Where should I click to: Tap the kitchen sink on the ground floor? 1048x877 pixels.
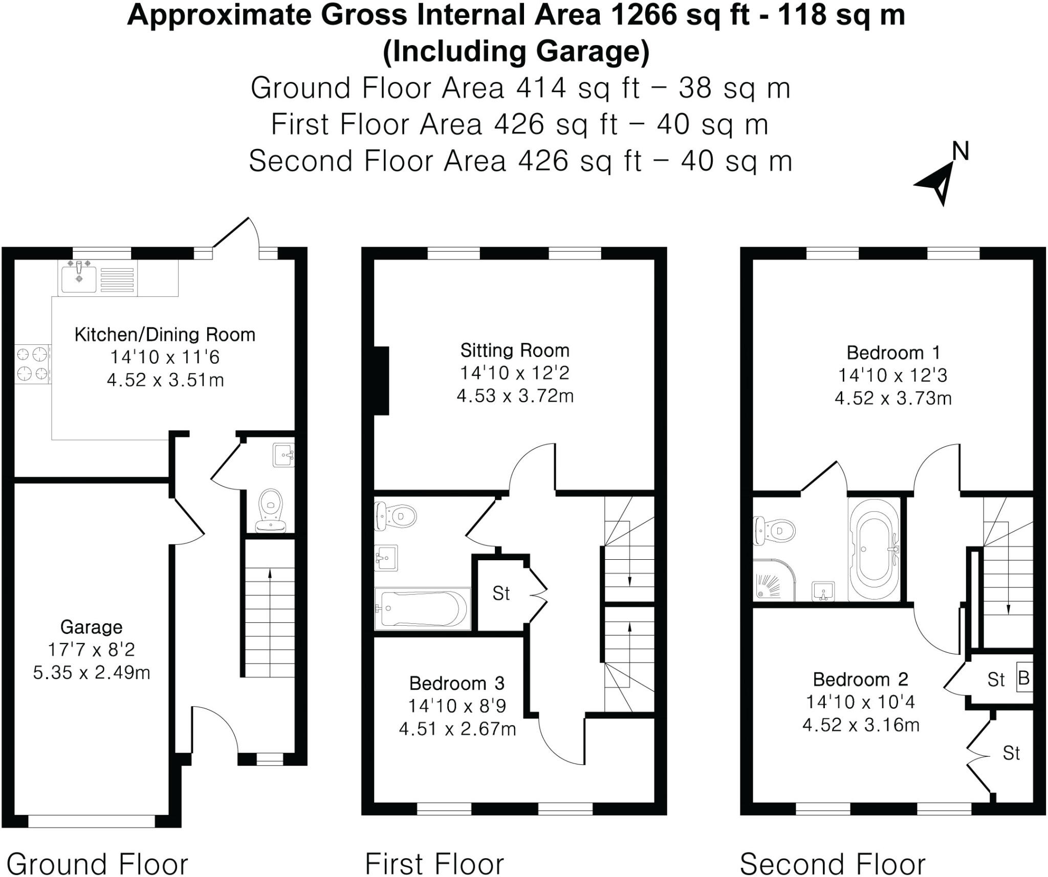click(79, 278)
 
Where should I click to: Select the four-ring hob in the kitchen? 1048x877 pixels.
click(32, 364)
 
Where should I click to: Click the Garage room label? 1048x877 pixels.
click(91, 627)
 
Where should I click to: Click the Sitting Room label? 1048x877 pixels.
click(514, 350)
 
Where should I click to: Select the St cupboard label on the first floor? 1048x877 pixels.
click(501, 594)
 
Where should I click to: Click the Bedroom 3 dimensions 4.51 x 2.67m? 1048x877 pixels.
click(457, 729)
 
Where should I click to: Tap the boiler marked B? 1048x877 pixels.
click(1024, 679)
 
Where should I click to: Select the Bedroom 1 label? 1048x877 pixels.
click(893, 353)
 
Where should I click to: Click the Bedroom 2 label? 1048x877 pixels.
click(860, 679)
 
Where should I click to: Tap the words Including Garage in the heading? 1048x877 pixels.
click(516, 52)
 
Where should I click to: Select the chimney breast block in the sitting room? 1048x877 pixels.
click(381, 381)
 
